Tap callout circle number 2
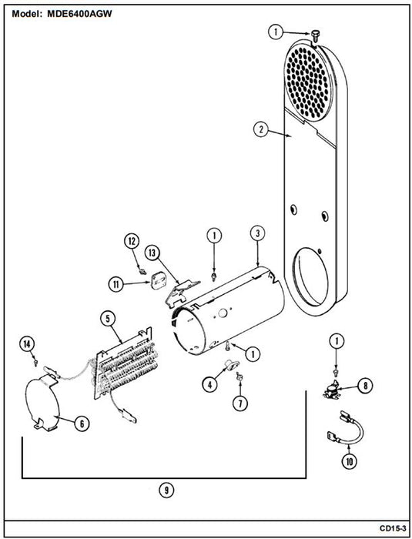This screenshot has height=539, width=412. click(261, 129)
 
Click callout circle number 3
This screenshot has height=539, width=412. click(257, 233)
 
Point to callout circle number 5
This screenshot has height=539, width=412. click(108, 319)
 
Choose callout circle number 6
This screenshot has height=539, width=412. click(82, 423)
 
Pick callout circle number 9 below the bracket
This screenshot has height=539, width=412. click(166, 490)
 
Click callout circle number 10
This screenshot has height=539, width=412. click(350, 462)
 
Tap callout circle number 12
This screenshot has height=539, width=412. click(132, 241)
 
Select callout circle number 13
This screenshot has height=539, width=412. click(152, 253)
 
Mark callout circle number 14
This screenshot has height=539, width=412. click(27, 343)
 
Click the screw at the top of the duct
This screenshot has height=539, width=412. click(315, 35)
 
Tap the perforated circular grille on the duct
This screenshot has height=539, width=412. click(306, 82)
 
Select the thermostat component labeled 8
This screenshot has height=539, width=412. click(332, 392)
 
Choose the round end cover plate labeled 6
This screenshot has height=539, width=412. click(43, 401)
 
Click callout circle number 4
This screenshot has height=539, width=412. click(209, 385)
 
